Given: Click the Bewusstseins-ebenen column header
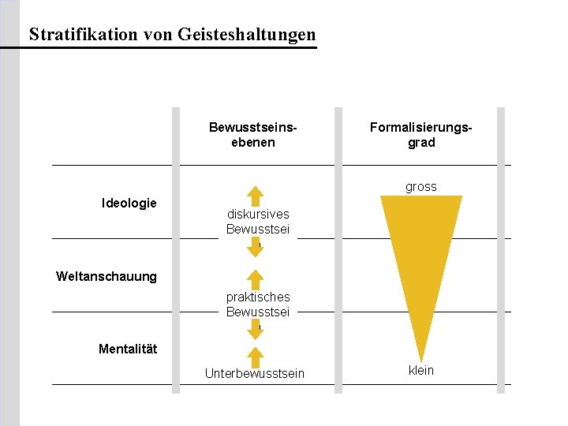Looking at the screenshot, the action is click(x=253, y=135).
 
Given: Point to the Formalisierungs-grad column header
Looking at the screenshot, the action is click(x=421, y=135).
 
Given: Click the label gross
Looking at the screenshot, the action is click(x=421, y=187).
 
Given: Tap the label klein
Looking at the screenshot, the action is click(x=421, y=370).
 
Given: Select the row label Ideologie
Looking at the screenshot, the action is click(x=129, y=204).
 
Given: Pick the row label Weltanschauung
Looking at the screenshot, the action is click(x=106, y=276).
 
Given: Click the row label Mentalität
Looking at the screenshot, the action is click(x=128, y=349).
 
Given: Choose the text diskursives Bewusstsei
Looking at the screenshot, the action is click(x=258, y=222).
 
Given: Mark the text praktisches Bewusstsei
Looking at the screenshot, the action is click(x=258, y=305).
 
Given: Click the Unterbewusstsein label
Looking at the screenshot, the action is click(x=254, y=373).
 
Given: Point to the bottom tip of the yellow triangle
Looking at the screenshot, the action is click(x=421, y=360).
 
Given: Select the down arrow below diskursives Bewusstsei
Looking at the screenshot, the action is click(x=255, y=248).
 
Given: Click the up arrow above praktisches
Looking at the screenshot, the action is click(x=255, y=280).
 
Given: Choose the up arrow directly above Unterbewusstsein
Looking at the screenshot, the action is click(x=255, y=356).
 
